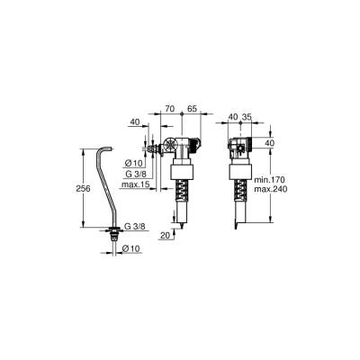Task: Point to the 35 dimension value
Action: click(247, 116)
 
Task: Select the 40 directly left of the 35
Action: click(233, 116)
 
